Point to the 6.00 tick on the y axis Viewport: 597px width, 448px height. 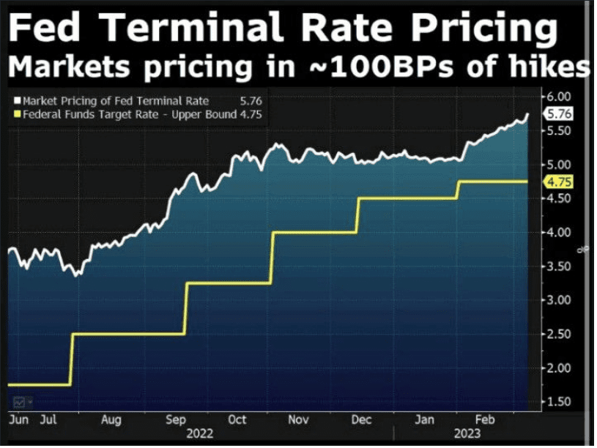(x=559, y=96)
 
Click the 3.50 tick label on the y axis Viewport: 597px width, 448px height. (x=559, y=266)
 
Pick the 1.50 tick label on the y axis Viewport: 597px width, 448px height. (x=559, y=402)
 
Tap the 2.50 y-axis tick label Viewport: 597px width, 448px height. (x=559, y=335)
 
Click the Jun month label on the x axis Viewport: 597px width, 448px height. (x=18, y=421)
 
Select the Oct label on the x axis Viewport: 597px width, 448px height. (x=237, y=421)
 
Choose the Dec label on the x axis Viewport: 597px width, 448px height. (x=360, y=421)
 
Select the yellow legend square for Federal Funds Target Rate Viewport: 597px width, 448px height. (x=18, y=114)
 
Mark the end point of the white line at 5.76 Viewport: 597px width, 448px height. (x=528, y=113)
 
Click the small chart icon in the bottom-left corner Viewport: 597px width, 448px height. (x=18, y=402)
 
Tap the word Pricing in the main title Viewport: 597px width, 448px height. (x=483, y=30)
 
